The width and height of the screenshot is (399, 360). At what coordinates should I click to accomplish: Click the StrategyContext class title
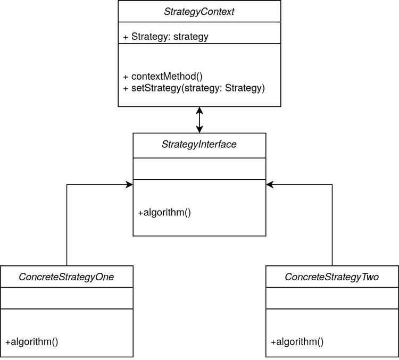tap(199, 12)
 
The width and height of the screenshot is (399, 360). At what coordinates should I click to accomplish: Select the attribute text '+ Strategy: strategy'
tap(165, 37)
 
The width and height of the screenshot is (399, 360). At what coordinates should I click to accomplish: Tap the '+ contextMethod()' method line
tap(163, 77)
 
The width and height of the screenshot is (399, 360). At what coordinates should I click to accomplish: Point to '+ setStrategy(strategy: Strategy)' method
tap(194, 88)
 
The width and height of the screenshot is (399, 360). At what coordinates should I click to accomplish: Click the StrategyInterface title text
tap(199, 144)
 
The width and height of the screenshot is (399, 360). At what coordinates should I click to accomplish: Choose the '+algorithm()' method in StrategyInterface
tap(164, 213)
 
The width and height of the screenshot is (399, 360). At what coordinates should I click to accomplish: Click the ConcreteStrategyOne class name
tap(66, 277)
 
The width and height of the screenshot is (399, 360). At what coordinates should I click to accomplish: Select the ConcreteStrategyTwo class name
tap(332, 277)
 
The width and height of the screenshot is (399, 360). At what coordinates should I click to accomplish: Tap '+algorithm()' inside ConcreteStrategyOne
tap(32, 342)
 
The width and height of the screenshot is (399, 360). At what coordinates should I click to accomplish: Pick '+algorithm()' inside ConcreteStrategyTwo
tap(297, 342)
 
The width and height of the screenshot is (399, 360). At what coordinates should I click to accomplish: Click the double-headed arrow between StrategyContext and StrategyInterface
tap(199, 120)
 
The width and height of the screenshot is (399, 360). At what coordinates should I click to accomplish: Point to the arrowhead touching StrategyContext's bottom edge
tap(199, 110)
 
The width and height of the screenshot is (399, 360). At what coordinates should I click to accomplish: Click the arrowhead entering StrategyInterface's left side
tap(129, 185)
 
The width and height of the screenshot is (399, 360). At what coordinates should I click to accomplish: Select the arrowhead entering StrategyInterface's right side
tap(270, 185)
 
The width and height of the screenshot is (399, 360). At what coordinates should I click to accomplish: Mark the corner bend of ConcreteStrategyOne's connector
tap(66, 185)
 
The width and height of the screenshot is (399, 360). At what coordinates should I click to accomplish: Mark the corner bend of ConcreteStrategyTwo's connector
tap(332, 185)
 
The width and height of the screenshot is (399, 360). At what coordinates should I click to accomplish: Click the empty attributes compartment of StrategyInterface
tap(199, 169)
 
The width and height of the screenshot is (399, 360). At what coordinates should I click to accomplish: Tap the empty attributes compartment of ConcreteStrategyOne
tap(66, 298)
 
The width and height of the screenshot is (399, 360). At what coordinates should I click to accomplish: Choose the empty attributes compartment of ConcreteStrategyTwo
tap(332, 298)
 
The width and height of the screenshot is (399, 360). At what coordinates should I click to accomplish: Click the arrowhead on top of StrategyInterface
tap(199, 130)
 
